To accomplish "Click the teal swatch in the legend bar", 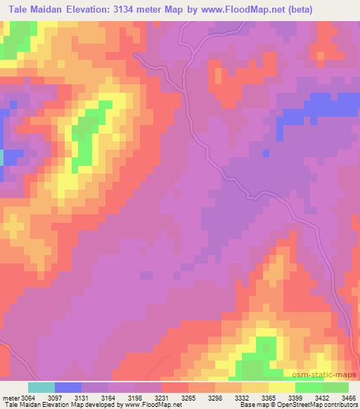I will pos(41,387).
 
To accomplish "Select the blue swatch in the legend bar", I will pos(68,387).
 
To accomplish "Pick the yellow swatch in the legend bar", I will pos(282,387).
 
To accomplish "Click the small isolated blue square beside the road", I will pos(265,152).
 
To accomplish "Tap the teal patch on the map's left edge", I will pos(2,157).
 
